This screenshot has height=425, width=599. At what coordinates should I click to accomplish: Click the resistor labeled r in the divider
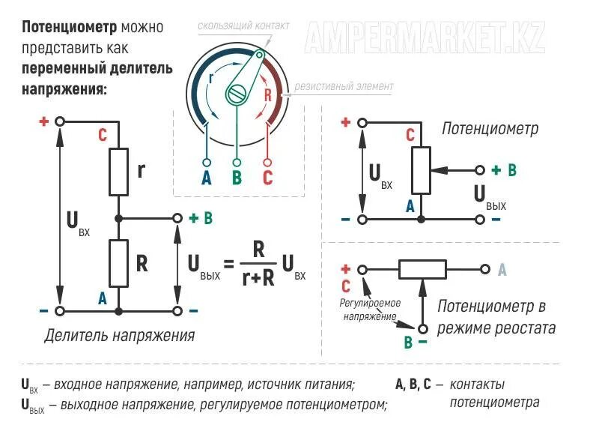(118, 171)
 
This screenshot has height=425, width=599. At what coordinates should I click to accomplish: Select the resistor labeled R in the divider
(118, 263)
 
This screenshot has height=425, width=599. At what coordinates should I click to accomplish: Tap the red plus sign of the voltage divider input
(43, 121)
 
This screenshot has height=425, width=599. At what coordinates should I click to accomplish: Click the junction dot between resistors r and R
(118, 218)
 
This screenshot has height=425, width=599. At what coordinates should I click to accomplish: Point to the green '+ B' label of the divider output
(201, 218)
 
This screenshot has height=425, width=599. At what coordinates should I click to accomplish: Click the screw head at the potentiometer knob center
(239, 94)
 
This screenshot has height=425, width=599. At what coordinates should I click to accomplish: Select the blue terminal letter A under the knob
(207, 178)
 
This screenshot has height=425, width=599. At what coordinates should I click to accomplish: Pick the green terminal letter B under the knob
(237, 178)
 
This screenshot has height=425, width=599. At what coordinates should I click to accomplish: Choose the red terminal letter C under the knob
(267, 178)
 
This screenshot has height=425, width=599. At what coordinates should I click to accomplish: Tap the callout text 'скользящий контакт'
(243, 26)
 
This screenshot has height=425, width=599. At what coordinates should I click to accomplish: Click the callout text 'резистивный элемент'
(343, 86)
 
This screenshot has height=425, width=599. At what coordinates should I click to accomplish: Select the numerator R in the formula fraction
(258, 250)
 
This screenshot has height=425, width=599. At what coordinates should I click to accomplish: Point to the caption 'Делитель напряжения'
(120, 335)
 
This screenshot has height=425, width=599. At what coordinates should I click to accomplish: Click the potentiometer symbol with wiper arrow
(422, 170)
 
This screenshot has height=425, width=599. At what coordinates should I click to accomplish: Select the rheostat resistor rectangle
(422, 269)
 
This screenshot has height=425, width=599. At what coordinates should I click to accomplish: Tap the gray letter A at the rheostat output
(502, 269)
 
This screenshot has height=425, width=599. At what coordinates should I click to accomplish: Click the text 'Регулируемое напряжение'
(371, 310)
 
